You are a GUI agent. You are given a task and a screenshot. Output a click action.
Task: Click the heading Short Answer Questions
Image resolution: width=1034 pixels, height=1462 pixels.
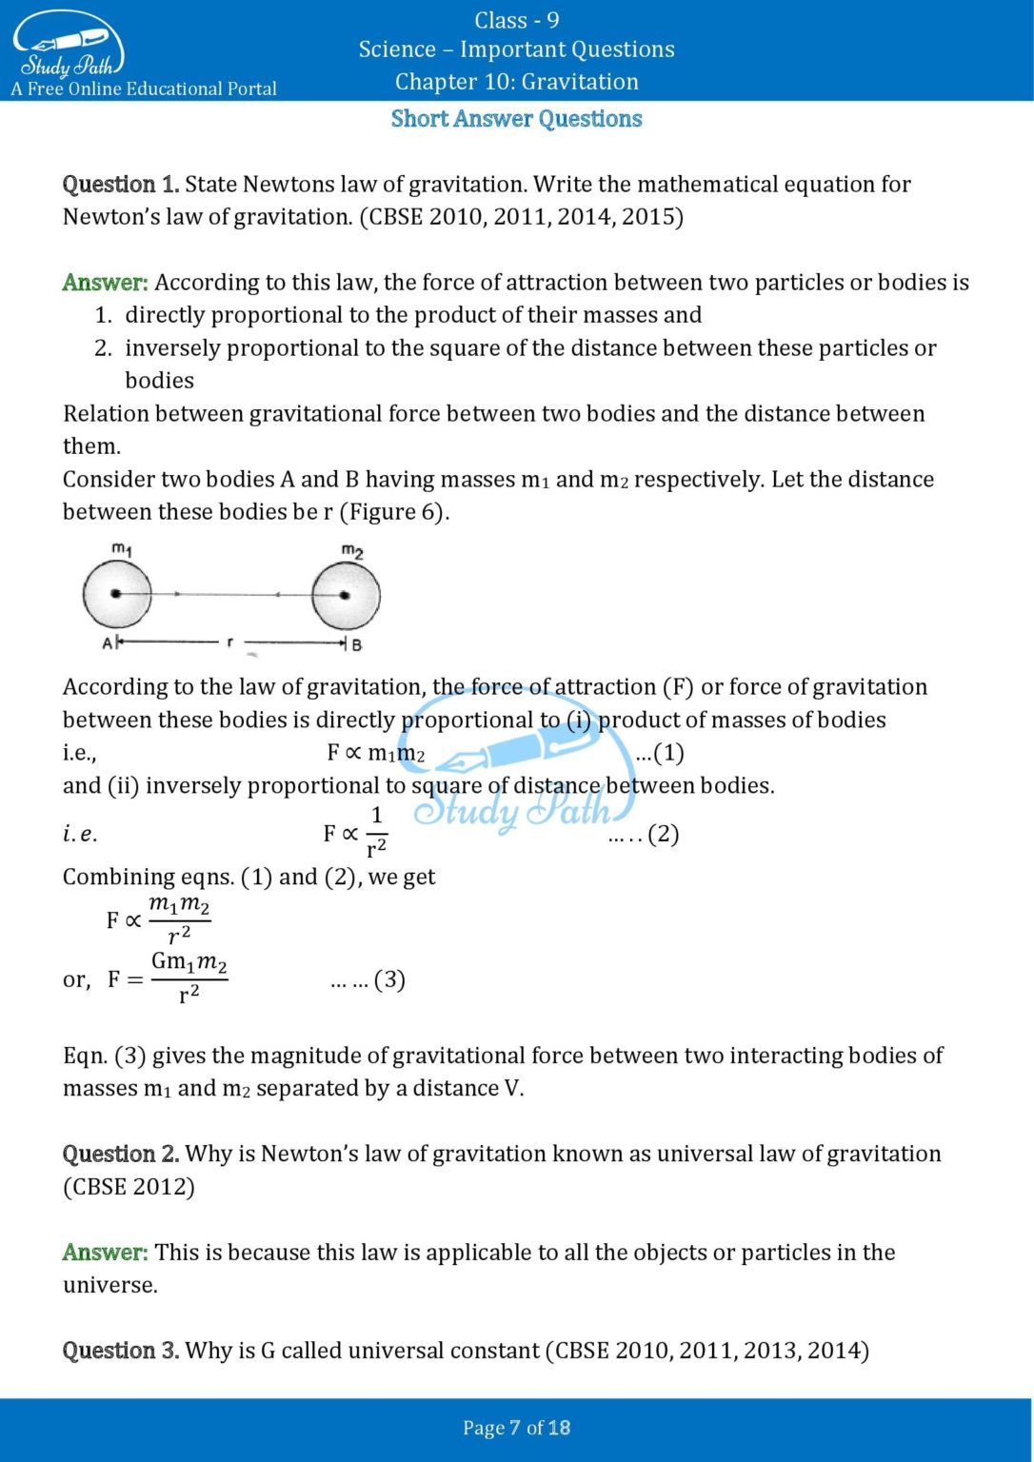coord(516,119)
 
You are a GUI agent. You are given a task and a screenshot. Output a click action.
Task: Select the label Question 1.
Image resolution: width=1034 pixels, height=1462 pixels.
coord(120,185)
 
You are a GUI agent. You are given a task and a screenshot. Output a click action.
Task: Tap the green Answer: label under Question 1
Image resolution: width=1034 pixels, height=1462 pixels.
coord(105,283)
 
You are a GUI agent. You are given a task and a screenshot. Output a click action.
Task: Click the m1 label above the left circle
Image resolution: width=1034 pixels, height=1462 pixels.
coord(122,549)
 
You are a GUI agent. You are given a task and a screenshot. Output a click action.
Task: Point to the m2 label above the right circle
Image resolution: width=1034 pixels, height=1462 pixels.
coord(352,551)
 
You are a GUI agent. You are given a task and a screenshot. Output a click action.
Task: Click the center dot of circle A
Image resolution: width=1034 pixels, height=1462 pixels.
coord(116,594)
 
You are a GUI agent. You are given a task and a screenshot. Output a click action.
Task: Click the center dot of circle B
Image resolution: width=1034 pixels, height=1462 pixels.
coord(345,596)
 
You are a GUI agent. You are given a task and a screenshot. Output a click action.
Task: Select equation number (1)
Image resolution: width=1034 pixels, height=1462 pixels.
coord(661,753)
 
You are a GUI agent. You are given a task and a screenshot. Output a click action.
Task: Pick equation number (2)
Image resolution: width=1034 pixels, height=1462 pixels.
coord(663,835)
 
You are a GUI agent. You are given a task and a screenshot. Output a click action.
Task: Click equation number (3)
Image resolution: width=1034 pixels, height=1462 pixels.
coord(389,979)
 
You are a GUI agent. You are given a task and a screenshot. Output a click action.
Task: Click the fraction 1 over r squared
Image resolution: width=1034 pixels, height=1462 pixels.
coord(376,832)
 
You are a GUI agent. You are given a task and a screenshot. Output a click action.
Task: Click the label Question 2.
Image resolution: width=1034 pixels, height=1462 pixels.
coord(120,1154)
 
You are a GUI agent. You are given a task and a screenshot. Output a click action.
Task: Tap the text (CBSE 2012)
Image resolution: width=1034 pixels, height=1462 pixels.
coord(129,1187)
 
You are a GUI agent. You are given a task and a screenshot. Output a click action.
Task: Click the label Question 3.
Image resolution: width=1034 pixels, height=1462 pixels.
coord(120,1351)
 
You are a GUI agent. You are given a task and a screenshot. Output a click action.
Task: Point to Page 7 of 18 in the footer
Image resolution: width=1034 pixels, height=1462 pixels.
coord(516,1428)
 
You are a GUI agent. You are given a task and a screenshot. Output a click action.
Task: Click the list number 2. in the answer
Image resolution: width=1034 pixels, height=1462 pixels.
coord(103,348)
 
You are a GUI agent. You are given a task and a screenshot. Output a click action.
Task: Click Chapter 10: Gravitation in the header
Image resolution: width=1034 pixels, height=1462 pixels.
coord(516,82)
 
